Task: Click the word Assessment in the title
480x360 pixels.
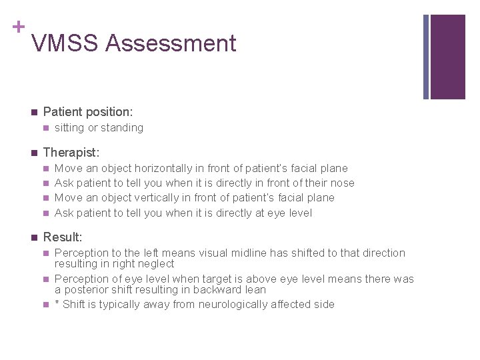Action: pos(171,43)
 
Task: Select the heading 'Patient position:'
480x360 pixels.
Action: pos(87,112)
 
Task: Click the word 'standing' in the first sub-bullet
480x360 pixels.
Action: pos(122,127)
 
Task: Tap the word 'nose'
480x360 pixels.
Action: pos(343,183)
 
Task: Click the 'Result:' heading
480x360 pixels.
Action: pos(63,237)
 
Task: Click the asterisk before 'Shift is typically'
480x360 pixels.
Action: pos(57,304)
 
